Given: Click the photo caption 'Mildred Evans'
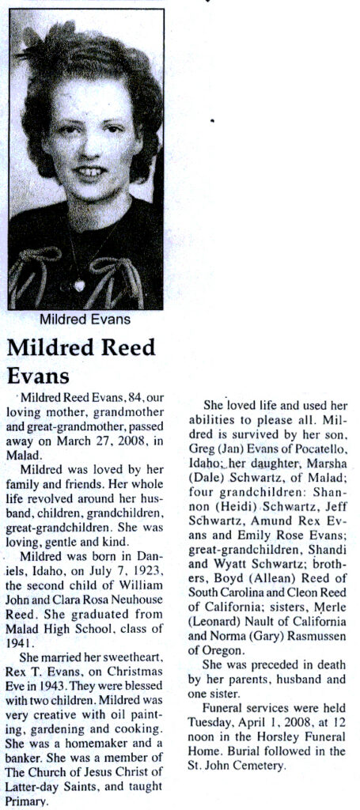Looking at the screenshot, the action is pyautogui.click(x=85, y=320).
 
